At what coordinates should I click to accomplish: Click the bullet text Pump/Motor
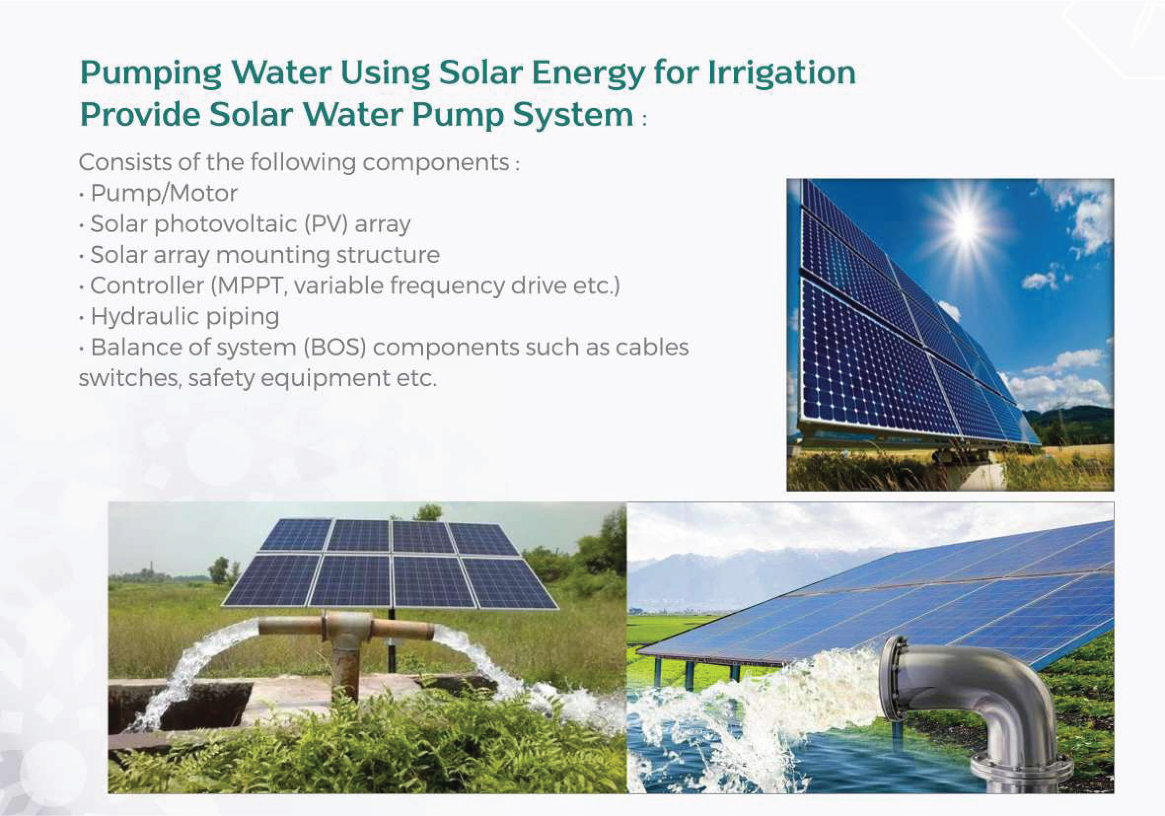[164, 193]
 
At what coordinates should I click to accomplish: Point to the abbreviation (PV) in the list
[326, 224]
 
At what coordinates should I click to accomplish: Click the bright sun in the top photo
[965, 224]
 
